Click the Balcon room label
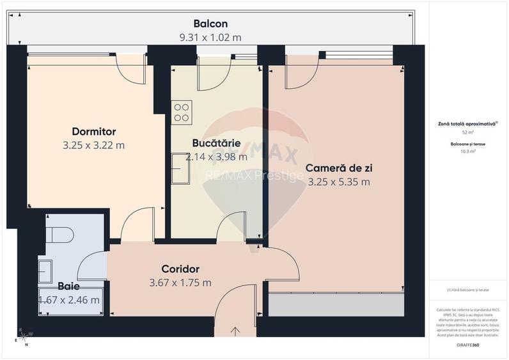click(x=210, y=24)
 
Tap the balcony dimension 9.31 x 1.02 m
click(x=210, y=37)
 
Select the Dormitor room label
click(x=93, y=132)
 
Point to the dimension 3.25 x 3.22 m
click(x=93, y=145)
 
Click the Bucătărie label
click(x=216, y=143)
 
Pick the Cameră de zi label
click(x=339, y=168)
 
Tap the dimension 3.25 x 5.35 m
click(x=339, y=182)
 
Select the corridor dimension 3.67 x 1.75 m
click(x=180, y=283)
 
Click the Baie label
click(x=69, y=286)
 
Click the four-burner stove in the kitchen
click(x=182, y=113)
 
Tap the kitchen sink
click(x=180, y=168)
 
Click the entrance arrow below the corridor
click(x=235, y=331)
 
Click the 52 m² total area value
click(x=468, y=132)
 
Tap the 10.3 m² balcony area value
click(x=468, y=152)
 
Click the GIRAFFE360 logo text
click(x=468, y=345)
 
